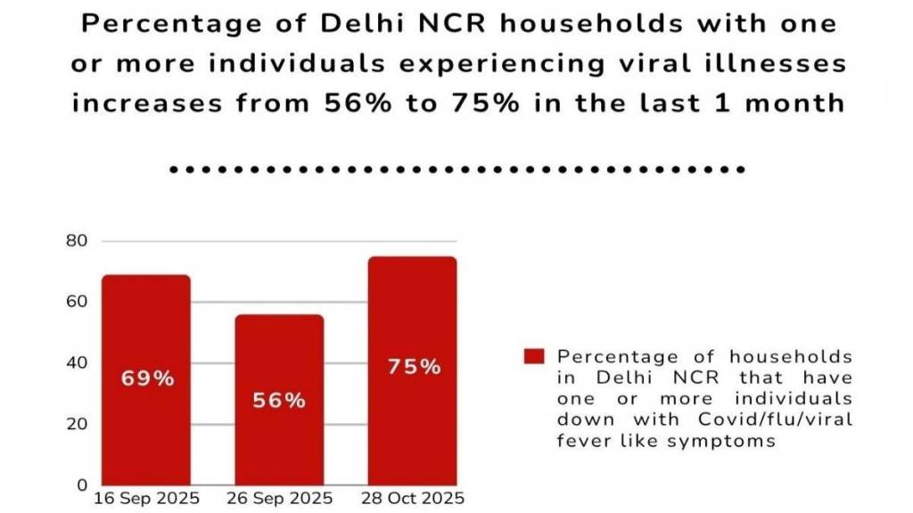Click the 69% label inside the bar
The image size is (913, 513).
point(147,378)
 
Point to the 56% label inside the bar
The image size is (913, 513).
point(280,400)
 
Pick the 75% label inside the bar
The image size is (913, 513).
point(413,367)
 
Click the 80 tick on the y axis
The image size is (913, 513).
point(78,240)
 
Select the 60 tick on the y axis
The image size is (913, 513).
point(78,301)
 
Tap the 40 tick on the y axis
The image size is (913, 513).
point(78,362)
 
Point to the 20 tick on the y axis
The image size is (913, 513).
point(78,424)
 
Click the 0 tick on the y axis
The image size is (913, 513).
point(82,484)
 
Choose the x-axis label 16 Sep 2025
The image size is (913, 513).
point(146,498)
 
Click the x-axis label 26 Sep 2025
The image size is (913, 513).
point(279,498)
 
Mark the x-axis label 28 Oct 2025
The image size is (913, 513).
point(413,498)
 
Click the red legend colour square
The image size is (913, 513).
point(533,356)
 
